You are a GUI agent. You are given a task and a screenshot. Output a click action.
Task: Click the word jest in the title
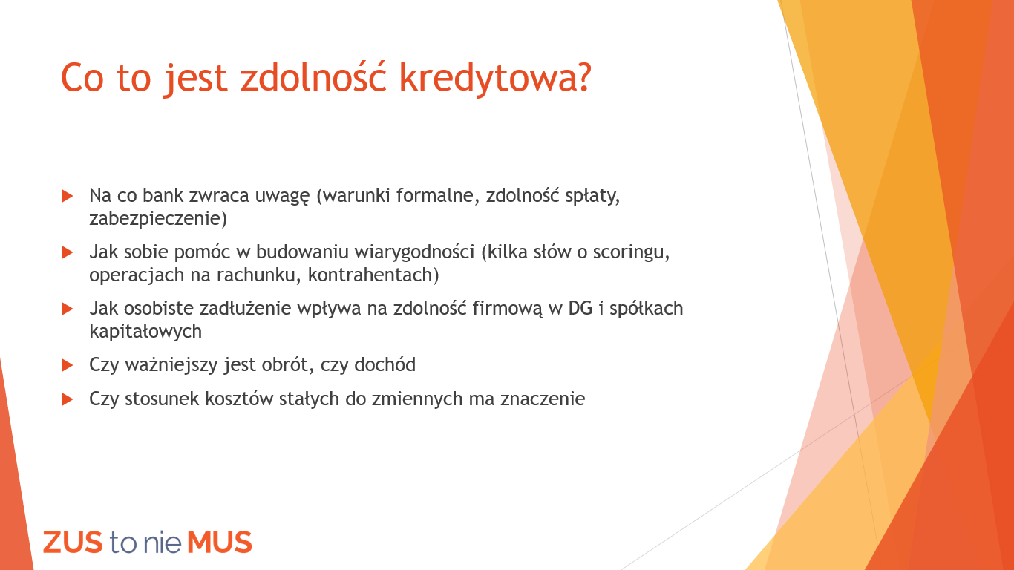195,79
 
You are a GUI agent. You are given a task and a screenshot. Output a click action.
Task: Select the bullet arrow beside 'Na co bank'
67,196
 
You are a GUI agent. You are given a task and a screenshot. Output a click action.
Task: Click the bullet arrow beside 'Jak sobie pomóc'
67,252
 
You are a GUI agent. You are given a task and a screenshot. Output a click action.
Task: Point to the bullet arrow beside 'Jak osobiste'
67,309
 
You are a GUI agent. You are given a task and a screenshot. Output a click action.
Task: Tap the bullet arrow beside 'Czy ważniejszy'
67,365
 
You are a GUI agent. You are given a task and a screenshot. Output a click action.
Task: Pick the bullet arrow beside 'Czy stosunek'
67,399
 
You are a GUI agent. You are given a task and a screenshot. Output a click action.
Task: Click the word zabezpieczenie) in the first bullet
158,219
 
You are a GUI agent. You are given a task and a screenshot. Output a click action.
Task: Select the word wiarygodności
414,252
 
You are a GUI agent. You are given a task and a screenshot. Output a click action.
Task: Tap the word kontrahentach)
373,275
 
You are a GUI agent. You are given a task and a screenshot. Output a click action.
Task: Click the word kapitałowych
145,332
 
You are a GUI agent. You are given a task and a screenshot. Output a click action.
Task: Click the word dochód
385,365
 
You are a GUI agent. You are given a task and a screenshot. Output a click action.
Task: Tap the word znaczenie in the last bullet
543,399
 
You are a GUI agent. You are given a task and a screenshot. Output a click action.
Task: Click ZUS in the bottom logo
73,543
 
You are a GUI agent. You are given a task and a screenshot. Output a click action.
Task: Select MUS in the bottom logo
220,543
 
